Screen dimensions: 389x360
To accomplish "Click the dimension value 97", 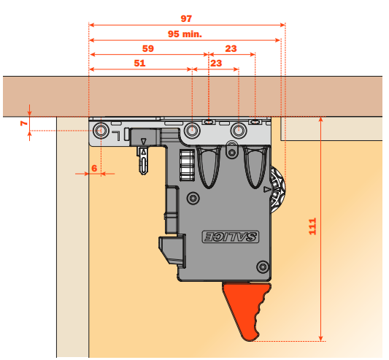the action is [x=186, y=19].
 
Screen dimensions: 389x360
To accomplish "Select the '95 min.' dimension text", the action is [x=185, y=34].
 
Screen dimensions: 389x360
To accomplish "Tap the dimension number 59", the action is [x=148, y=48].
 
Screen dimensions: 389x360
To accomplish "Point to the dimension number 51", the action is [x=139, y=63].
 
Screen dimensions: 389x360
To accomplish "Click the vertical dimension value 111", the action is [x=312, y=226].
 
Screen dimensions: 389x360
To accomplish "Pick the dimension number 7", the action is [x=24, y=123].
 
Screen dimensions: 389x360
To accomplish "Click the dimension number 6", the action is [x=94, y=169].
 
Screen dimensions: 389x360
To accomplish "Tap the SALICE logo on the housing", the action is [x=231, y=237].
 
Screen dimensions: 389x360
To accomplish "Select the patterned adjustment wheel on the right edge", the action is [x=278, y=190].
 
